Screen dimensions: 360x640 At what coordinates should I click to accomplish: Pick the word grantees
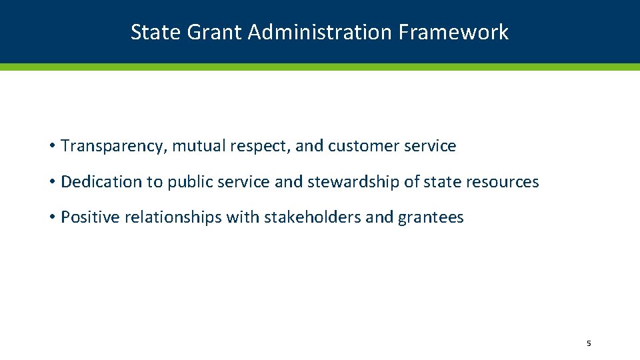(431, 217)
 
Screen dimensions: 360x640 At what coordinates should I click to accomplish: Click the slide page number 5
(589, 344)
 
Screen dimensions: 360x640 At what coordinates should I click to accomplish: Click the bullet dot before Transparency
(51, 147)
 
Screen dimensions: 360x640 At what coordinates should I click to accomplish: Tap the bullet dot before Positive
(51, 218)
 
